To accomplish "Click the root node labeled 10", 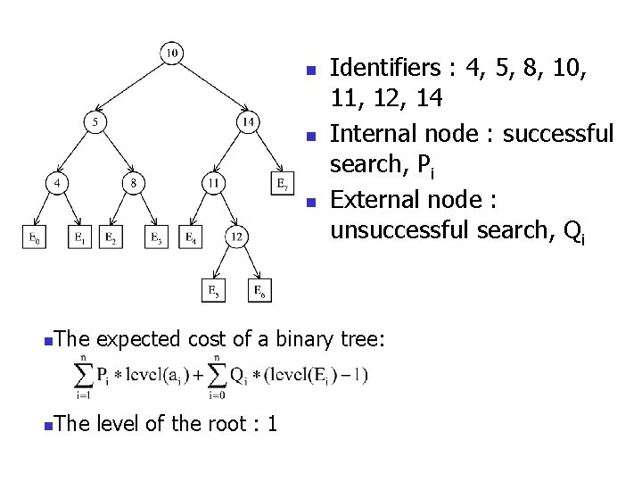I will pyautogui.click(x=171, y=54).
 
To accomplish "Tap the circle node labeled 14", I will pyautogui.click(x=248, y=120).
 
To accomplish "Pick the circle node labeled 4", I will pyautogui.click(x=57, y=184).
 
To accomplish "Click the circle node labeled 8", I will pyautogui.click(x=133, y=184).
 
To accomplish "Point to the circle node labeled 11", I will pyautogui.click(x=212, y=184).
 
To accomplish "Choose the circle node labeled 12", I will pyautogui.click(x=236, y=237).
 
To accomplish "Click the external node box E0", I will pyautogui.click(x=33, y=237).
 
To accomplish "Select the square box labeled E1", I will pyautogui.click(x=79, y=237).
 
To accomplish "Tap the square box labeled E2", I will pyautogui.click(x=111, y=237).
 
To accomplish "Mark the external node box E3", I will pyautogui.click(x=157, y=237).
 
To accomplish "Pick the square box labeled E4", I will pyautogui.click(x=190, y=237).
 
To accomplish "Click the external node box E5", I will pyautogui.click(x=213, y=290).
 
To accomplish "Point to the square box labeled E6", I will pyautogui.click(x=259, y=290).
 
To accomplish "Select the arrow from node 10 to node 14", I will pyautogui.click(x=211, y=87).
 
